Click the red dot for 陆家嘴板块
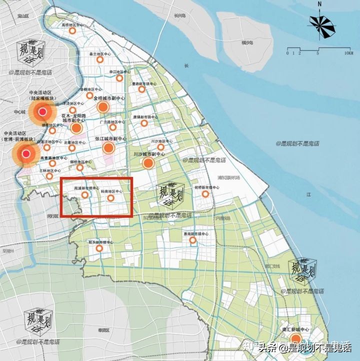pos(43,111)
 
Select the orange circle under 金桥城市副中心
pos(103,107)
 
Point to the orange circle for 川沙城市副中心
pos(148,163)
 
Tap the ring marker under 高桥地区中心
pos(72,31)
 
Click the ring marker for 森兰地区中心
pos(99,60)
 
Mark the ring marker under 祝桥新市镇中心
pos(205,193)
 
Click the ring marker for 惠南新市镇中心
pos(192,240)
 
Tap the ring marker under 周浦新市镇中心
pos(85,195)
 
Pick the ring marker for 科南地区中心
pos(111,198)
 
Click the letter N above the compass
pos(319,4)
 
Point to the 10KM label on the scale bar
pos(348,52)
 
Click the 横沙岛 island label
pos(247,43)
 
